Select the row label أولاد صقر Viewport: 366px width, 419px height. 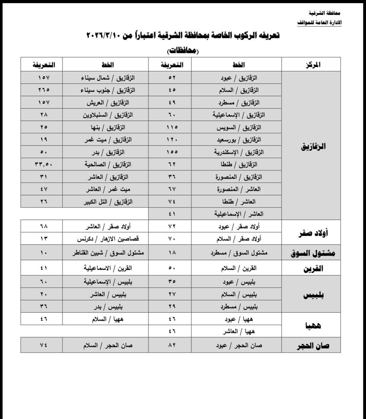(x=313, y=233)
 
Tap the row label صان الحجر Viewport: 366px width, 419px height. (x=313, y=346)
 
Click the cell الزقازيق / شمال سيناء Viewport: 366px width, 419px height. (x=108, y=78)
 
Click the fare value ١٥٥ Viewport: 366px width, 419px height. (x=172, y=152)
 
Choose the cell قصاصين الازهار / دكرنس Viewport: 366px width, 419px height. (x=108, y=239)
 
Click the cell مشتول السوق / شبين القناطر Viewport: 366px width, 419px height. (x=108, y=253)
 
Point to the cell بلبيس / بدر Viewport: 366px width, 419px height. (x=108, y=307)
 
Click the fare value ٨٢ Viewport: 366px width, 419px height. (x=172, y=345)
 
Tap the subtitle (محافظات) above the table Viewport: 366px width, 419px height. (x=183, y=51)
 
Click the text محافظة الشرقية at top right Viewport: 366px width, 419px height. (x=325, y=13)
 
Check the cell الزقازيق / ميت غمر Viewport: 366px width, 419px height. (x=108, y=140)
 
